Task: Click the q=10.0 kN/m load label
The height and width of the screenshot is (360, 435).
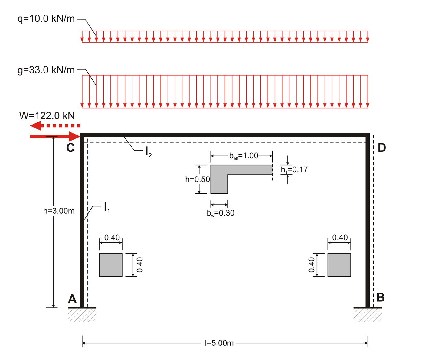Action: (x=46, y=19)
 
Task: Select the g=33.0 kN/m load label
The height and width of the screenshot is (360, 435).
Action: (x=46, y=70)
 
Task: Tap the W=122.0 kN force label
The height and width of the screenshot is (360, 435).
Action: (x=47, y=116)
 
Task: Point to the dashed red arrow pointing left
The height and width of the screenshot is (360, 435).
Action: (x=55, y=126)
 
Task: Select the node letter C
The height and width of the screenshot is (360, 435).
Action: (x=70, y=148)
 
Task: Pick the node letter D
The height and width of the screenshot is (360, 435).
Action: (x=382, y=148)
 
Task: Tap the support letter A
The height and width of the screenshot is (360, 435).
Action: (x=72, y=299)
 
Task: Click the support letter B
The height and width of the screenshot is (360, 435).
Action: (x=381, y=297)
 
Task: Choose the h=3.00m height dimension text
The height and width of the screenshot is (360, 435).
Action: (x=59, y=211)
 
